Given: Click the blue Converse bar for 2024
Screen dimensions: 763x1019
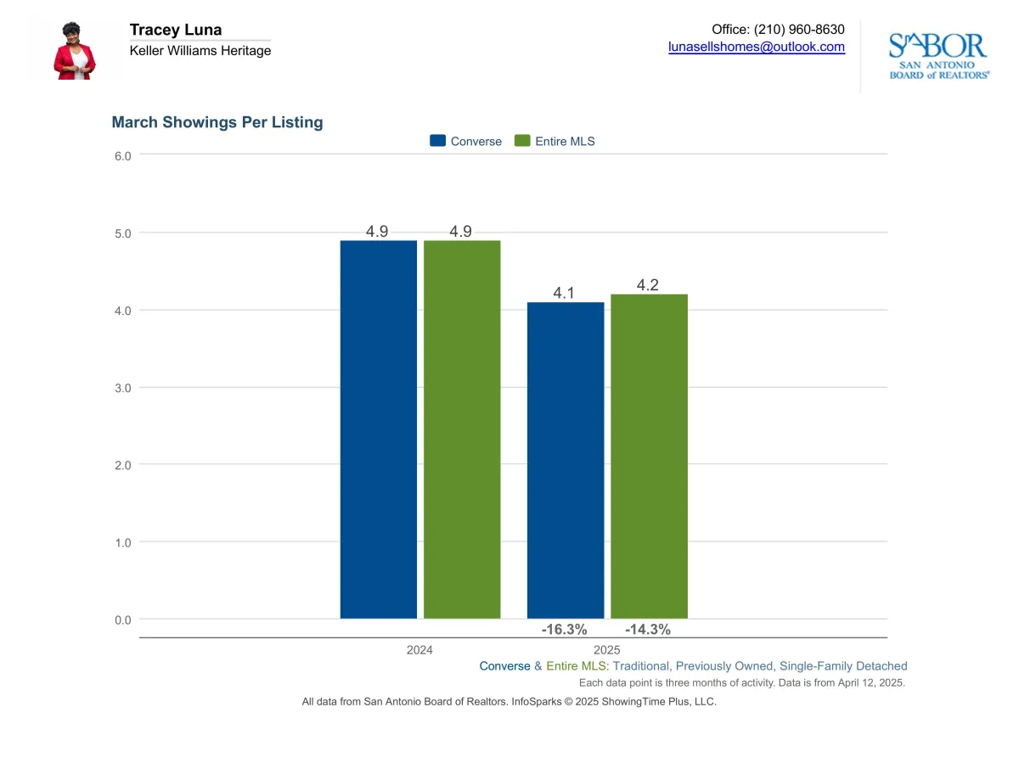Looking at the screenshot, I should pos(379,429).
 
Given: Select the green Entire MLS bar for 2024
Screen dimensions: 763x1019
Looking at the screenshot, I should pos(462,429).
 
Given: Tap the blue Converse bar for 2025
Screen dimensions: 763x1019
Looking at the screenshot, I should pos(566,460).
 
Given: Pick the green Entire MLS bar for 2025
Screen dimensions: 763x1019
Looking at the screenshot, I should pos(649,456).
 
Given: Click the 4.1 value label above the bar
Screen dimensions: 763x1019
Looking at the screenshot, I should pos(564,293).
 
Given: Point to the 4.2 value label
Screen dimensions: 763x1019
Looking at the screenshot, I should pos(648,285).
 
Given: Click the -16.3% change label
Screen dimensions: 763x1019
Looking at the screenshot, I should pos(564,630).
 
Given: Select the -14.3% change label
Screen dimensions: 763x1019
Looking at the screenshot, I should pos(648,630).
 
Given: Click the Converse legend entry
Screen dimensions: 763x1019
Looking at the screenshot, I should pos(466,141).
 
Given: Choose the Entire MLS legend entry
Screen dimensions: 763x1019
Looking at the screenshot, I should pos(555,141).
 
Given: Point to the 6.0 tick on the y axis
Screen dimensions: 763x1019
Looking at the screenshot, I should pos(123,155).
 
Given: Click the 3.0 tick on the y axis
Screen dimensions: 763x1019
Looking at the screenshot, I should pos(123,388).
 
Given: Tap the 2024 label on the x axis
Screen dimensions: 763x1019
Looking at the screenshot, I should pos(419,650).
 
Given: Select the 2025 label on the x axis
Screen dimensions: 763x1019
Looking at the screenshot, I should pos(606,650).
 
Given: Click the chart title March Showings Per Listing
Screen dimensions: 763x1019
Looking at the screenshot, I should pos(217,122).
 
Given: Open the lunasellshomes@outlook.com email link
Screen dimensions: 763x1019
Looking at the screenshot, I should pos(757,48).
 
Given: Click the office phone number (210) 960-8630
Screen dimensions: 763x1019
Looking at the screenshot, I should pos(799,30).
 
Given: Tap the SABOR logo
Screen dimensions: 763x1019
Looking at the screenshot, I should pos(938,55).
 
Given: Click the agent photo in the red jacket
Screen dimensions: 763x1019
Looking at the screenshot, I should pos(75,51).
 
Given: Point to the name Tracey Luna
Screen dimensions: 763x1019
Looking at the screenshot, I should pos(176,30).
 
